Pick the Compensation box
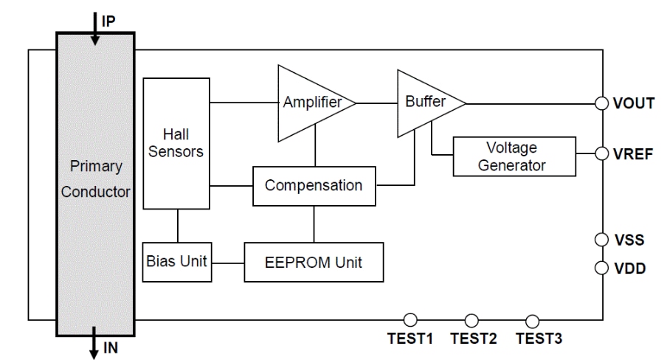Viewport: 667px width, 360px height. [314, 184]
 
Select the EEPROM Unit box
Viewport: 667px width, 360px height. [314, 262]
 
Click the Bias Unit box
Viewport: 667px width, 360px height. [177, 262]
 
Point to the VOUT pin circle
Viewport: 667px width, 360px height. [602, 103]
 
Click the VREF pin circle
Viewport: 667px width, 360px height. [602, 155]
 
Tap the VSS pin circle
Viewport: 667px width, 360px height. [602, 240]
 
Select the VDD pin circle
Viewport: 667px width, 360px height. [602, 267]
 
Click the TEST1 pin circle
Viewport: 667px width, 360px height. [411, 319]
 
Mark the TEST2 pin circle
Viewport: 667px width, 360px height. [472, 319]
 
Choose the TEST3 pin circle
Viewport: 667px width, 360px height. [532, 319]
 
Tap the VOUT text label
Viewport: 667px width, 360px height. [633, 103]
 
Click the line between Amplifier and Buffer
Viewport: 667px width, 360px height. [377, 103]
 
